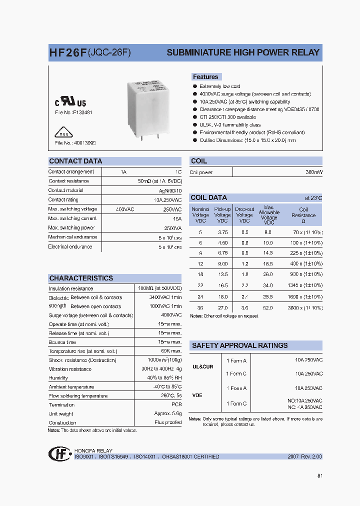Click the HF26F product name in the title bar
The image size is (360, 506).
(x=67, y=52)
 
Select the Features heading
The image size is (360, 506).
(x=205, y=77)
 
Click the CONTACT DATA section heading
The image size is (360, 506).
(x=75, y=161)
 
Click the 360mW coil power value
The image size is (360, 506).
(x=313, y=172)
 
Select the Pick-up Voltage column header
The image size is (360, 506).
(x=222, y=215)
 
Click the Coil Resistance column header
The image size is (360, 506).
(x=303, y=215)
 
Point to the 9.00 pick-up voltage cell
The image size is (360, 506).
(x=222, y=263)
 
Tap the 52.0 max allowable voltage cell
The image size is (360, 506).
(x=268, y=308)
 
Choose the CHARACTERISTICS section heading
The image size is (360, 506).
(x=81, y=278)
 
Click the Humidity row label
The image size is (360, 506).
(x=58, y=378)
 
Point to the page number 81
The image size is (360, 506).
(x=319, y=475)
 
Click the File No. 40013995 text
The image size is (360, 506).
(x=75, y=143)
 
